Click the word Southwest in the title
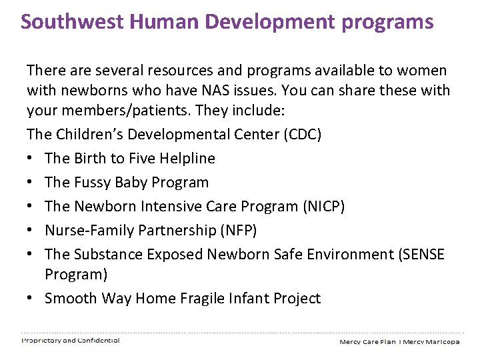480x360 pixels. [x=72, y=21]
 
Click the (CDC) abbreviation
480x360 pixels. [x=303, y=135]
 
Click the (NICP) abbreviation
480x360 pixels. [x=324, y=207]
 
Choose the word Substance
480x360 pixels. [x=104, y=255]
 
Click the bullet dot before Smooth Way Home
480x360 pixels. [x=31, y=299]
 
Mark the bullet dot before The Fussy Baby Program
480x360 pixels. [x=31, y=183]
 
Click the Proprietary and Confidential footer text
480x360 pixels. [x=71, y=341]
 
